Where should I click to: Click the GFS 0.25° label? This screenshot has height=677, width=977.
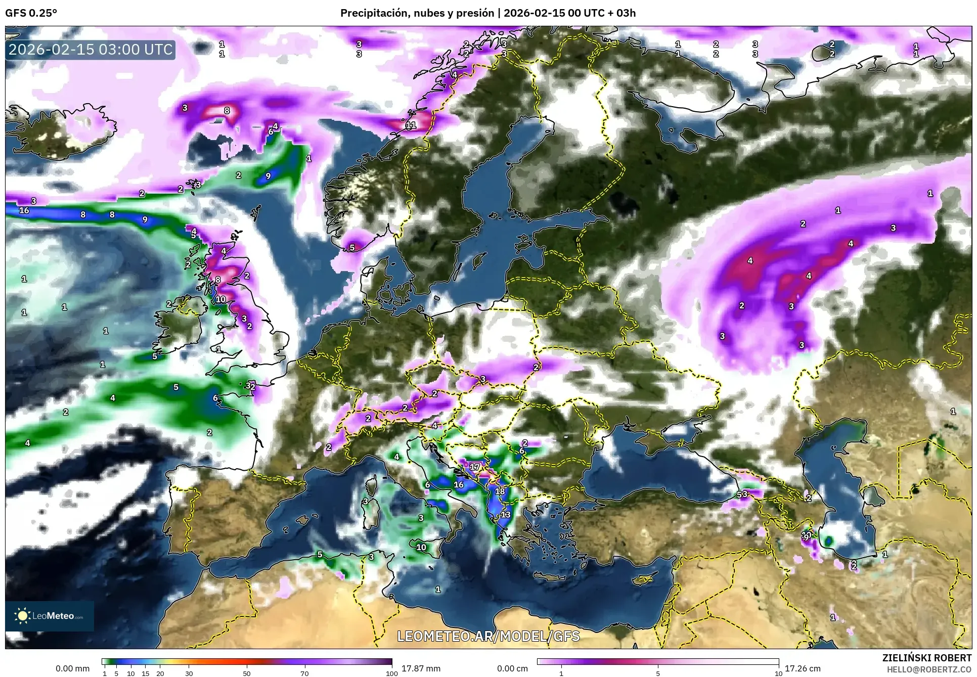coord(31,13)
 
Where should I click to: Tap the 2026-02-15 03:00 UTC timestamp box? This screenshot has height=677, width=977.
coord(91,50)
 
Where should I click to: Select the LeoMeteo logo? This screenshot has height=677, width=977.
coord(50,616)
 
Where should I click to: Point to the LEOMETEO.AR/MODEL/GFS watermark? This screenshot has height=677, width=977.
coord(488,636)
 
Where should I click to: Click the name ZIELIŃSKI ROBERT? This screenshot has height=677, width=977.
coord(926,658)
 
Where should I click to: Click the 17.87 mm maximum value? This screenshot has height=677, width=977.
coord(421,668)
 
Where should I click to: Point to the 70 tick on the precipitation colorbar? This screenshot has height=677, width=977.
coord(304,673)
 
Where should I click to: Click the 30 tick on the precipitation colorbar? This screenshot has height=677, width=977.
coord(189,673)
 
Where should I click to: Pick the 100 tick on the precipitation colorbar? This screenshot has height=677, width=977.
coord(391,673)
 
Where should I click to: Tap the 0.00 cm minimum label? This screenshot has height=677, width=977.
coord(512,668)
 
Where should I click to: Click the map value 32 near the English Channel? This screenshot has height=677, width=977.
coord(250,386)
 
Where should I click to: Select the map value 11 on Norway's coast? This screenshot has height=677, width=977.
coord(411,125)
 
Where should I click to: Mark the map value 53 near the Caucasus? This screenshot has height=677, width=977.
coord(742,494)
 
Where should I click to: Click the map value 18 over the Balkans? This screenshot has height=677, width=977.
coord(500,491)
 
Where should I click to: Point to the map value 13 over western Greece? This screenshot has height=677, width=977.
coord(505,515)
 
